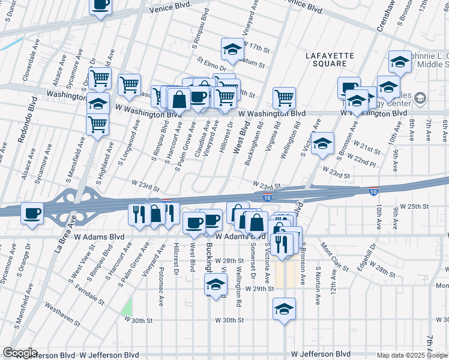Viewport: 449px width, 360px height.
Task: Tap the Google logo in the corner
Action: [x=20, y=353]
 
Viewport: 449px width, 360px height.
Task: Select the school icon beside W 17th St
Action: [x=232, y=50]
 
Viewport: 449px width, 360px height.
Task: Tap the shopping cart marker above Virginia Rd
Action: [x=284, y=98]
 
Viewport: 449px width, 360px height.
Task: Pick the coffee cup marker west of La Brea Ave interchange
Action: [x=32, y=213]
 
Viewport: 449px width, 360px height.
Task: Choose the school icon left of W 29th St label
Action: [x=215, y=284]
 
